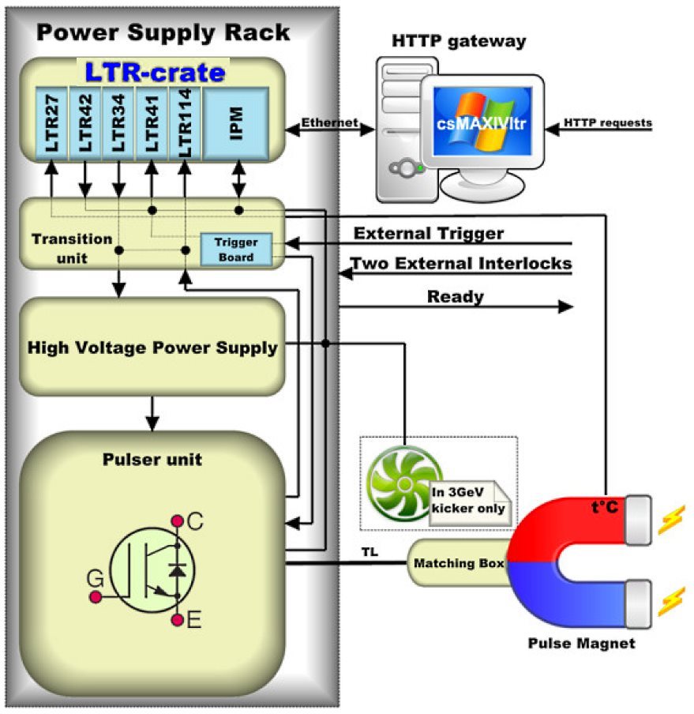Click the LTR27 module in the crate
(x=52, y=124)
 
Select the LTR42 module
(x=85, y=124)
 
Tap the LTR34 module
(x=118, y=124)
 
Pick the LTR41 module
(x=152, y=124)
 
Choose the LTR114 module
(x=185, y=124)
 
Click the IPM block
(x=236, y=124)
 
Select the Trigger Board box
(x=236, y=250)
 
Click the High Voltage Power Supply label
(x=152, y=348)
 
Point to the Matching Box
(x=458, y=563)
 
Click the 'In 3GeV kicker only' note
(x=469, y=501)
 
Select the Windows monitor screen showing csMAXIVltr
(x=482, y=121)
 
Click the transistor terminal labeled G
(x=96, y=597)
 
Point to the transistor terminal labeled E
(x=178, y=620)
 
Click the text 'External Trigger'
(x=429, y=234)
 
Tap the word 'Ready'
(x=455, y=297)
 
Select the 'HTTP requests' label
(x=607, y=123)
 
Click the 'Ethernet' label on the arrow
(x=329, y=122)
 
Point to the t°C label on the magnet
(x=605, y=506)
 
